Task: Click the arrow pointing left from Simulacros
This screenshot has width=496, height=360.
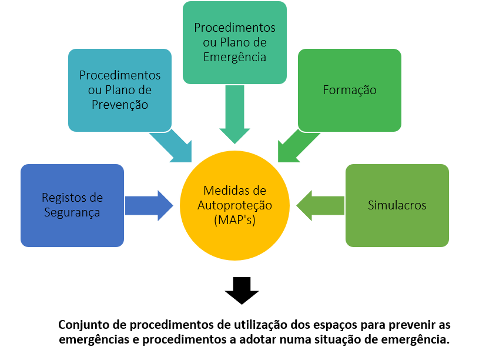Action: [x=320, y=206]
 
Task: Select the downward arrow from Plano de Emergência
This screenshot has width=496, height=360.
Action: [x=234, y=115]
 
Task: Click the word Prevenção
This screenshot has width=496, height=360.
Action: [x=120, y=105]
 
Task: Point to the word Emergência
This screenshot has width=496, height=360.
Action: [x=234, y=57]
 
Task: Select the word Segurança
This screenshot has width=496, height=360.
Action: [x=72, y=212]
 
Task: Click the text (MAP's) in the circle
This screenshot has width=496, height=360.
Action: [x=234, y=220]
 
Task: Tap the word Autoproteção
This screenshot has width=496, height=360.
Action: [x=234, y=205]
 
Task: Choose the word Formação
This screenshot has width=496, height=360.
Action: [x=350, y=90]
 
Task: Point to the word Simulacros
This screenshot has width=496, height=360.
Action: [x=397, y=205]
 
